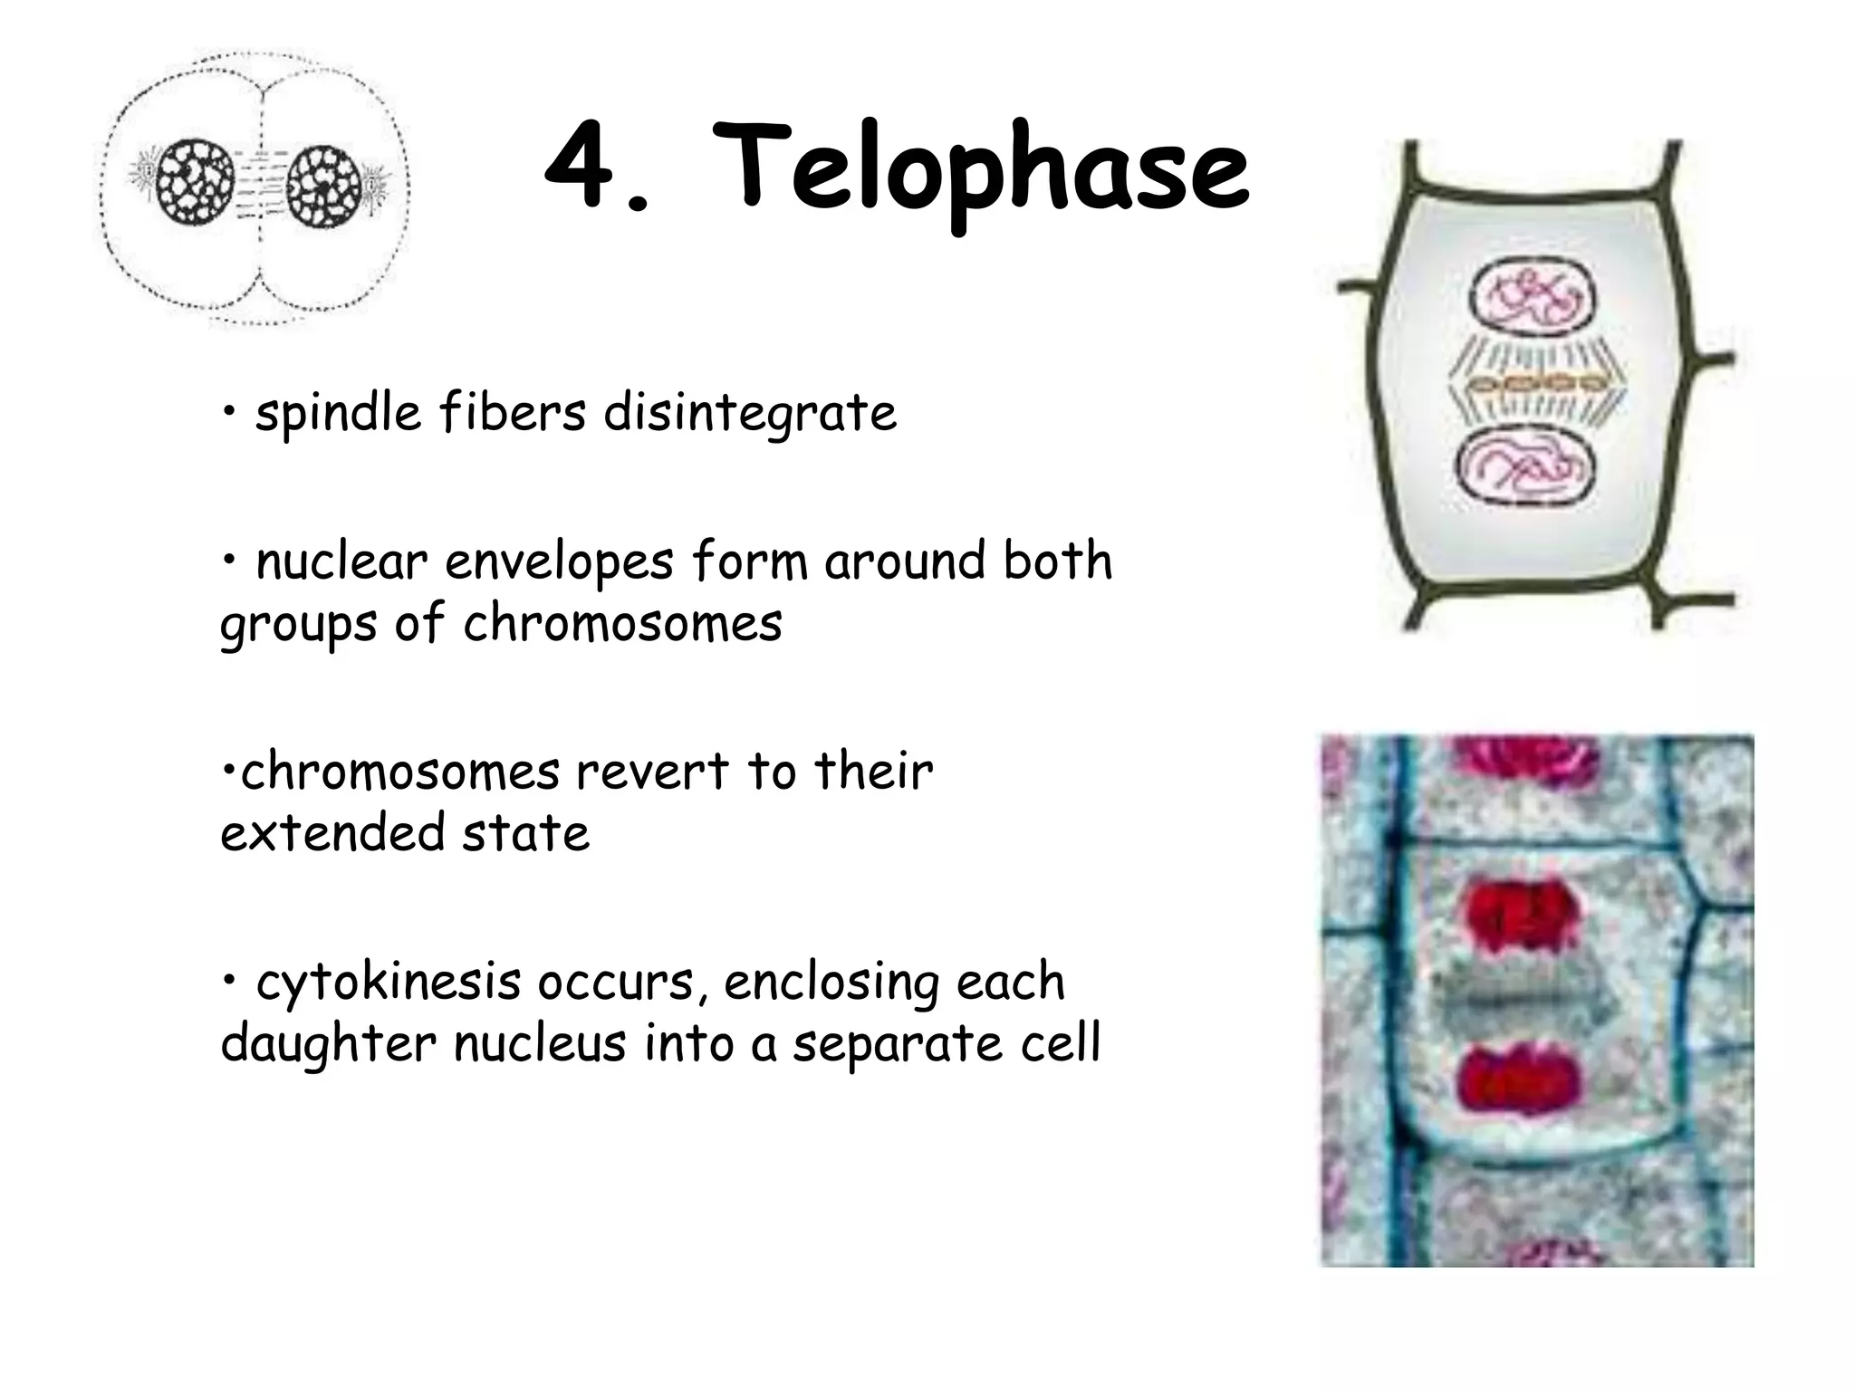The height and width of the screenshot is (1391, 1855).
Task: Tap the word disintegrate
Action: pyautogui.click(x=750, y=415)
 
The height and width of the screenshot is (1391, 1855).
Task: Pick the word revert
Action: pyautogui.click(x=652, y=772)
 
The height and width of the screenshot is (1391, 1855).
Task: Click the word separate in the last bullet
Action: pyautogui.click(x=897, y=1044)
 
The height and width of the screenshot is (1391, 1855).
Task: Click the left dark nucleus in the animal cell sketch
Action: pyautogui.click(x=193, y=181)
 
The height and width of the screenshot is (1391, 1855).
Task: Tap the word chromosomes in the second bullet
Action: pyautogui.click(x=622, y=625)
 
